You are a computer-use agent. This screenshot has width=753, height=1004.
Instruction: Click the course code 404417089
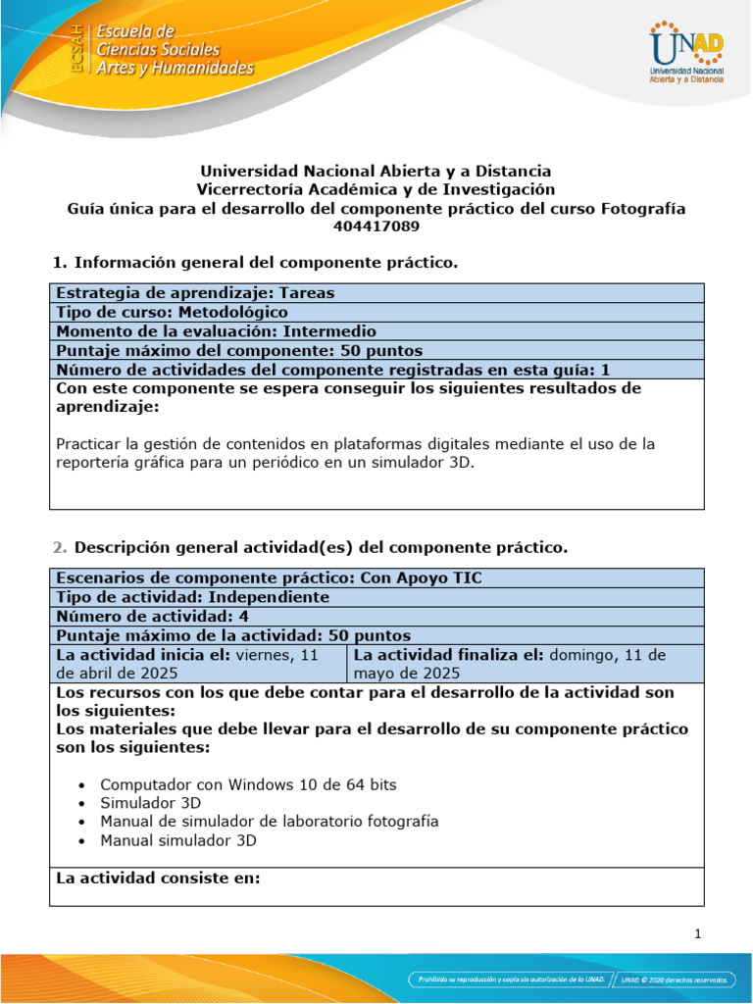tap(376, 226)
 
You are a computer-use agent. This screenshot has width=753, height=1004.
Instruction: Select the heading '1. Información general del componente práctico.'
tap(254, 262)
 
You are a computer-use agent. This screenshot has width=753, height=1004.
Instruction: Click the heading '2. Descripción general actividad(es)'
tap(308, 545)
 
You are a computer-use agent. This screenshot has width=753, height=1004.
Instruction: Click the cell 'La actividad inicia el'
tap(197, 664)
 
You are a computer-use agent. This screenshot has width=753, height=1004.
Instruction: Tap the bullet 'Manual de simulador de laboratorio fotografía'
tap(270, 821)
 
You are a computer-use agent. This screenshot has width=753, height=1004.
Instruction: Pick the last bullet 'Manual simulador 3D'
tap(178, 839)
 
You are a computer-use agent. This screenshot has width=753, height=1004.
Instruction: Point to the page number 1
tap(697, 933)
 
